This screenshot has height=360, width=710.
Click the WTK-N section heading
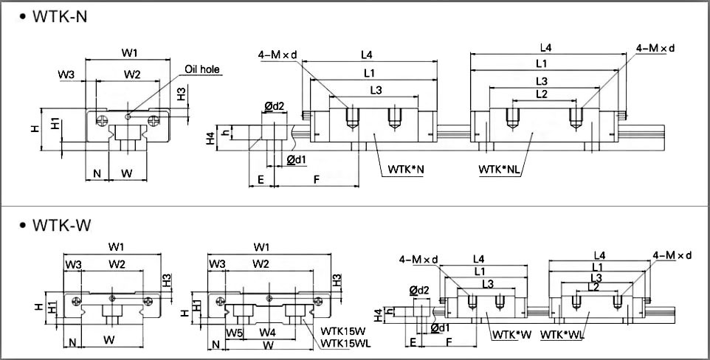point(60,17)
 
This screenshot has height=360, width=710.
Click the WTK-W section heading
point(62,225)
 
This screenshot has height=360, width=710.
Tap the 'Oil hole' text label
point(202,69)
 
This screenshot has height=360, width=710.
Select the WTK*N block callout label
point(405,170)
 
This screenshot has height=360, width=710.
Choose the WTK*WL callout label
point(562,335)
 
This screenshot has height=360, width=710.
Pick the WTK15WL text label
point(345,344)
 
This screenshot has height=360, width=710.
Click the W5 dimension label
point(235,333)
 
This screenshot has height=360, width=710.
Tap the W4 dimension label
point(268,333)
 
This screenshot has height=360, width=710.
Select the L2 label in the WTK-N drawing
point(542,94)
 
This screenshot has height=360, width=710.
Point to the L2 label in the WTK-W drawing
point(593,287)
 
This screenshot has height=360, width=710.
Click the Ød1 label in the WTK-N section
point(297,159)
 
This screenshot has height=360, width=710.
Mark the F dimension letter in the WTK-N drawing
point(317,179)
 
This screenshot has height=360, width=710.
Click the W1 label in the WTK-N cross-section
point(129,53)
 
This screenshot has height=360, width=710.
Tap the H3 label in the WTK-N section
point(182,94)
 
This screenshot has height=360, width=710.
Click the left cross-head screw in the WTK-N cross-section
point(103,120)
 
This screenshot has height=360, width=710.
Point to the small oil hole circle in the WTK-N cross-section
point(128,117)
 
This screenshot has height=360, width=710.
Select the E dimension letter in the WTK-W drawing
point(413,342)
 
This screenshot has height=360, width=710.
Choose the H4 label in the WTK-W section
point(379,315)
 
